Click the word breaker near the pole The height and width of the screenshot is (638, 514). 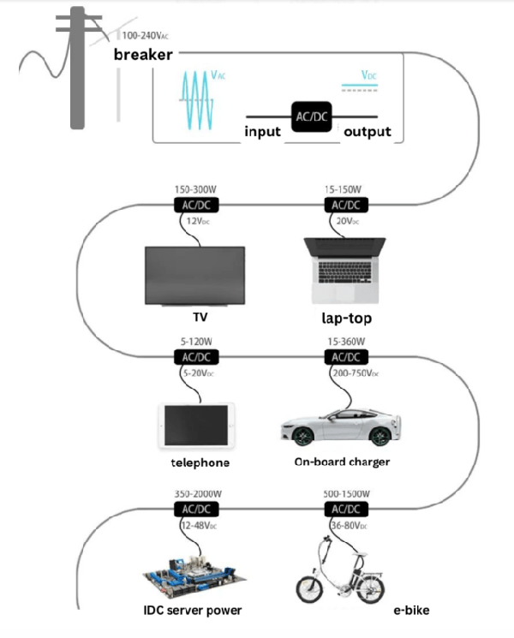143,55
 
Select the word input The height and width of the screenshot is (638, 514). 264,132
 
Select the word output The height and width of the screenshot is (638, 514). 367,132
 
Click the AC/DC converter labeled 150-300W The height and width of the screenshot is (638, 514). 196,205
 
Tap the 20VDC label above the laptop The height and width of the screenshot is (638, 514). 344,222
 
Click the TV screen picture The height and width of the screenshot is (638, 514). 194,273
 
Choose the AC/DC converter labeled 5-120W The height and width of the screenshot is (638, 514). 196,356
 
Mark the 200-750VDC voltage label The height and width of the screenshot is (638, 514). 353,373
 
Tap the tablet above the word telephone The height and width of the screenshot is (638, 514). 196,424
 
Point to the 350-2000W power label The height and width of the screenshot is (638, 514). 196,494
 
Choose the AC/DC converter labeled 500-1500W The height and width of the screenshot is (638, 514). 345,509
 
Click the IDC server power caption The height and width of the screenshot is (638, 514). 193,611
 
